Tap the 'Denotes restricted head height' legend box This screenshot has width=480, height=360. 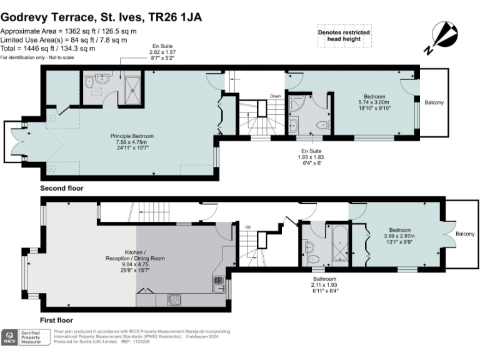pyautogui.click(x=344, y=36)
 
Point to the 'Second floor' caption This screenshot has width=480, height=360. pyautogui.click(x=61, y=188)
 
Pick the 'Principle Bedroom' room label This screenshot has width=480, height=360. pyautogui.click(x=132, y=136)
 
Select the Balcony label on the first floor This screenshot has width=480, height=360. pyautogui.click(x=464, y=234)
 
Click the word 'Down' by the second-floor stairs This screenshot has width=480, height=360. pyautogui.click(x=275, y=96)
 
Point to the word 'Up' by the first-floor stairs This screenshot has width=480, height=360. pyautogui.click(x=248, y=226)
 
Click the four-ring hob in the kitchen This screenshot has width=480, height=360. pyautogui.click(x=174, y=300)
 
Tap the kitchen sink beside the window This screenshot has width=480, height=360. pyautogui.click(x=218, y=284)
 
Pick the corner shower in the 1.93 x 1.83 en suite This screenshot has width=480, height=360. pyautogui.click(x=297, y=103)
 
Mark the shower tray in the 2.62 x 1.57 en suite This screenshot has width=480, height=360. pyautogui.click(x=133, y=85)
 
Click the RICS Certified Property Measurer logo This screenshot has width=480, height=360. pyautogui.click(x=26, y=337)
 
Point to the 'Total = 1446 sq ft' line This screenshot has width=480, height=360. pyautogui.click(x=48, y=48)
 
